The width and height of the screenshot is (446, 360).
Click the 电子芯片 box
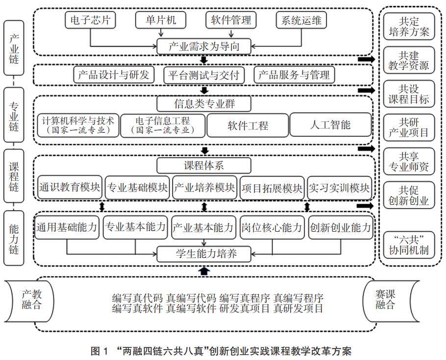89,20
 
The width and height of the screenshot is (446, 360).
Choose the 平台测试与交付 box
204,75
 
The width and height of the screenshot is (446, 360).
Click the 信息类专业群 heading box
204,104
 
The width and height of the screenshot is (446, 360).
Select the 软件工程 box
248,125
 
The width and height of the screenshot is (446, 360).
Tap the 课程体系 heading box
204,165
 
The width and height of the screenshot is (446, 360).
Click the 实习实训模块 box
340,188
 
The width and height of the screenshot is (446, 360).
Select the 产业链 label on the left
14,48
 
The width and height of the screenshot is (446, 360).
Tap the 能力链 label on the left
14,239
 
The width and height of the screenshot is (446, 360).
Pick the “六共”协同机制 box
409,244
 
